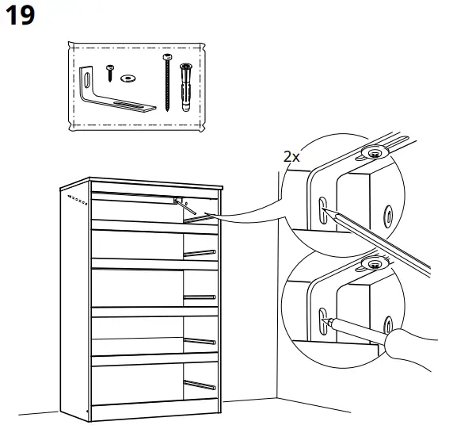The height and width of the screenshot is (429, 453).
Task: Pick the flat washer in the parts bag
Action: point(128,79)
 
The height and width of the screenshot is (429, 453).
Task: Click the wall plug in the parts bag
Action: point(187,86)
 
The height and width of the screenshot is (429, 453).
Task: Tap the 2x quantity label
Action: point(291,156)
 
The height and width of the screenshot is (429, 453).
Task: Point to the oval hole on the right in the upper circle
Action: point(387,213)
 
